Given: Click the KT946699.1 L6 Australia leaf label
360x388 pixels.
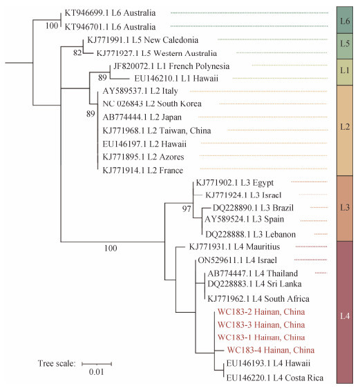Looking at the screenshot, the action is click(110, 13).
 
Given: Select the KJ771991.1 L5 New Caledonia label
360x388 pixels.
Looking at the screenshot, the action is click(143, 40).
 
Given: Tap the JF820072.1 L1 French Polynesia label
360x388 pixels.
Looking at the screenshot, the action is click(171, 66).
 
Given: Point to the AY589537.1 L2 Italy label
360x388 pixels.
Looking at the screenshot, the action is click(140, 91).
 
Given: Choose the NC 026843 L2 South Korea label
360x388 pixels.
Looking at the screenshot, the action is click(152, 104).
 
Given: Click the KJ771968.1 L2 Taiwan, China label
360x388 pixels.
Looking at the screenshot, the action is click(157, 130).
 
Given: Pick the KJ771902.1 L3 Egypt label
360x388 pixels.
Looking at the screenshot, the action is click(235, 183).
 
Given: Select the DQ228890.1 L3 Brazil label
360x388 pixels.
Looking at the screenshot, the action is click(253, 208).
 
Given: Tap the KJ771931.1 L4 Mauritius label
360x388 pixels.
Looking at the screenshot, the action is click(234, 246).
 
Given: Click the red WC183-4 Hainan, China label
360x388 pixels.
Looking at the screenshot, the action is click(271, 350).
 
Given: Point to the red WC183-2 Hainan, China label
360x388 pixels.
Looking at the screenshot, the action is click(261, 312).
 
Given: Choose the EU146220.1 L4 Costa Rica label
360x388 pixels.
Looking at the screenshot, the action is click(275, 378).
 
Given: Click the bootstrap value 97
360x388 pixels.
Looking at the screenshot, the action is click(187, 209).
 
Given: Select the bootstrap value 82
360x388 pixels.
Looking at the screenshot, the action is click(77, 52).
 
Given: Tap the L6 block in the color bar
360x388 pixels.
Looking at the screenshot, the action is click(345, 20).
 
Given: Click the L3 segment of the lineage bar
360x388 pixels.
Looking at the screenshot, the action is click(345, 208).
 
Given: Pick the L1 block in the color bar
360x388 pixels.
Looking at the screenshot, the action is click(345, 72).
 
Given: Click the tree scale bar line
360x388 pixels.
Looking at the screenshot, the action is click(97, 364).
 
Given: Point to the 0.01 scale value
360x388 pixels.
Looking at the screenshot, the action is click(96, 371).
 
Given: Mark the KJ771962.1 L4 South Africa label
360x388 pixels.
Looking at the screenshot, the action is click(258, 299).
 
